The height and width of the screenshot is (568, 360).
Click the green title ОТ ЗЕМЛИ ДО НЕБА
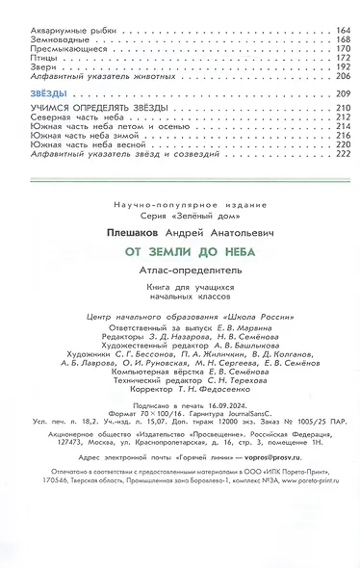click(x=180, y=248)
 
